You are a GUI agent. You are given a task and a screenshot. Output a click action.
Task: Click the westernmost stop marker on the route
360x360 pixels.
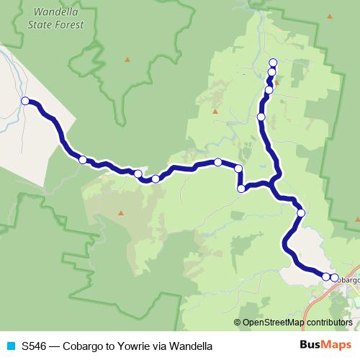pos(25,102)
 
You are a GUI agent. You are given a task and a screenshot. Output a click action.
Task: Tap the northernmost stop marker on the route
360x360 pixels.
pos(273,63)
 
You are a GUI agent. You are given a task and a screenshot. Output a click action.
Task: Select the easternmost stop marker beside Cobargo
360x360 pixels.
pos(334,277)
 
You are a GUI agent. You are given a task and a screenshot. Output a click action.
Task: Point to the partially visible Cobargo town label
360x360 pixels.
pos(348,279)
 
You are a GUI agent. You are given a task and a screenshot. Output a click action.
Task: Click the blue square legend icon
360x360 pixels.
pos(10,346)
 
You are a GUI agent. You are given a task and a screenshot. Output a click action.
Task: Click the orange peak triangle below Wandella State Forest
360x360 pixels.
pos(127,59)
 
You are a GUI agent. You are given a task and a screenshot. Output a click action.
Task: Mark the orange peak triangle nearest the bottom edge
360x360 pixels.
pos(121,212)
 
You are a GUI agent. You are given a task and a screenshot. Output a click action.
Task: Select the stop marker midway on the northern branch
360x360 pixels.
pos(261,116)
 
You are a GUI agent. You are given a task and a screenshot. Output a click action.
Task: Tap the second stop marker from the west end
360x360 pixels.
pos(83,160)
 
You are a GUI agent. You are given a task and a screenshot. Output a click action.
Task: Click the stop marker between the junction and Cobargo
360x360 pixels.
pos(301,212)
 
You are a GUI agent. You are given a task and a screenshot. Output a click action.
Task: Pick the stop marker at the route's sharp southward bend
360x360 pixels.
pos(238,168)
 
